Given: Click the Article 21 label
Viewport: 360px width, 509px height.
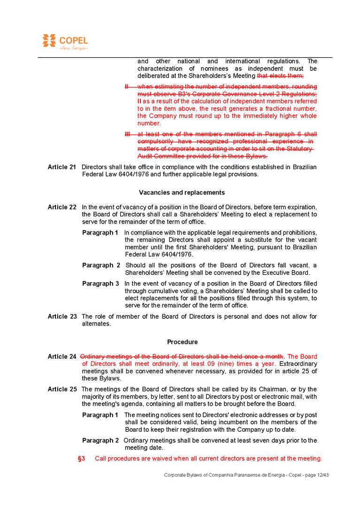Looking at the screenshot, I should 62,167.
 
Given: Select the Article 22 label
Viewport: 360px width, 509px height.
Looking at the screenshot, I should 62,207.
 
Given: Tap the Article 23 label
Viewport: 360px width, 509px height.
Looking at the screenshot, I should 62,316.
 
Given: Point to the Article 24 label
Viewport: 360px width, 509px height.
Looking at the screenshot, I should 62,356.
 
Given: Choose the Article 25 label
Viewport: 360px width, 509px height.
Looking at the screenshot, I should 62,389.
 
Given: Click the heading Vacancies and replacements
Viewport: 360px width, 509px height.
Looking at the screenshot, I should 182,193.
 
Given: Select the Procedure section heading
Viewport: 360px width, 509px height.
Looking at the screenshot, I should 182,342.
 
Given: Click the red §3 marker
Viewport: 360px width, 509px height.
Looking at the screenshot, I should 81,458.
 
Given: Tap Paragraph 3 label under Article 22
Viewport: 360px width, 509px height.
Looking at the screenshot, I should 100,284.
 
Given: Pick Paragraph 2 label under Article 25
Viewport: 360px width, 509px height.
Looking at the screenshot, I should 100,440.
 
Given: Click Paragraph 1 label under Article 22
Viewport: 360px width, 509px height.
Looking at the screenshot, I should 100,232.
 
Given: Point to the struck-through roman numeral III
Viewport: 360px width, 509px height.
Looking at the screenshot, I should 127,134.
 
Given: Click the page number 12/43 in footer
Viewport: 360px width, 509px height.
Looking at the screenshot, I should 322,475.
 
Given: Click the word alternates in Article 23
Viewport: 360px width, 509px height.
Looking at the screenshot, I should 96,324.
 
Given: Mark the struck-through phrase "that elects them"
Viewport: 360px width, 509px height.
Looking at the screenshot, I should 280,76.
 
